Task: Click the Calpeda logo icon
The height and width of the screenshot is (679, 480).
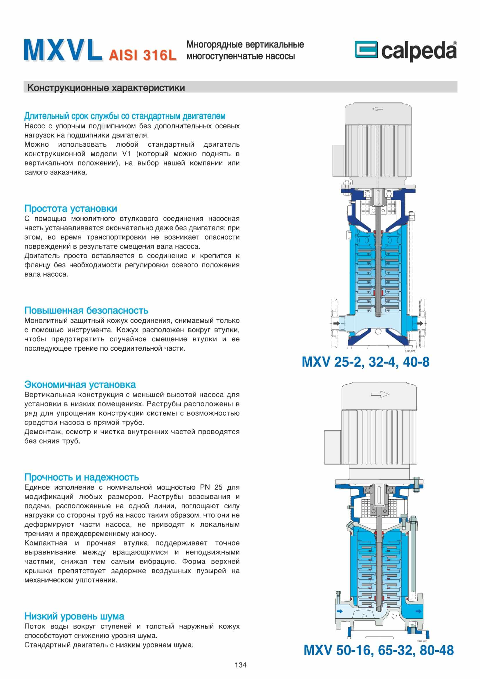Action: (x=366, y=49)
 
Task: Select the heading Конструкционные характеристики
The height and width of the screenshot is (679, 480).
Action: (x=106, y=88)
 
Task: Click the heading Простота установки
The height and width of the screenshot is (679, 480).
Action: (x=71, y=208)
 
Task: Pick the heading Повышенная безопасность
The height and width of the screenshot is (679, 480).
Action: (x=86, y=311)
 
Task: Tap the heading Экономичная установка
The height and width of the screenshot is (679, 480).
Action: (x=80, y=384)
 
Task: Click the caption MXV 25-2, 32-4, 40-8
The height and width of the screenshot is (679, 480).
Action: (x=365, y=362)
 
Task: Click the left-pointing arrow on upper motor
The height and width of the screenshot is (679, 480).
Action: (x=378, y=109)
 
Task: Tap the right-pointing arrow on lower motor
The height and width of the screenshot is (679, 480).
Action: (x=380, y=394)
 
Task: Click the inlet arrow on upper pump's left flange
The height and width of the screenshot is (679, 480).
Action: (x=336, y=323)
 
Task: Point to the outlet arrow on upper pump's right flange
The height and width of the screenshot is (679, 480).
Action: (x=420, y=323)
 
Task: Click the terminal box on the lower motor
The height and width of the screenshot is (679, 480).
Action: (x=333, y=446)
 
